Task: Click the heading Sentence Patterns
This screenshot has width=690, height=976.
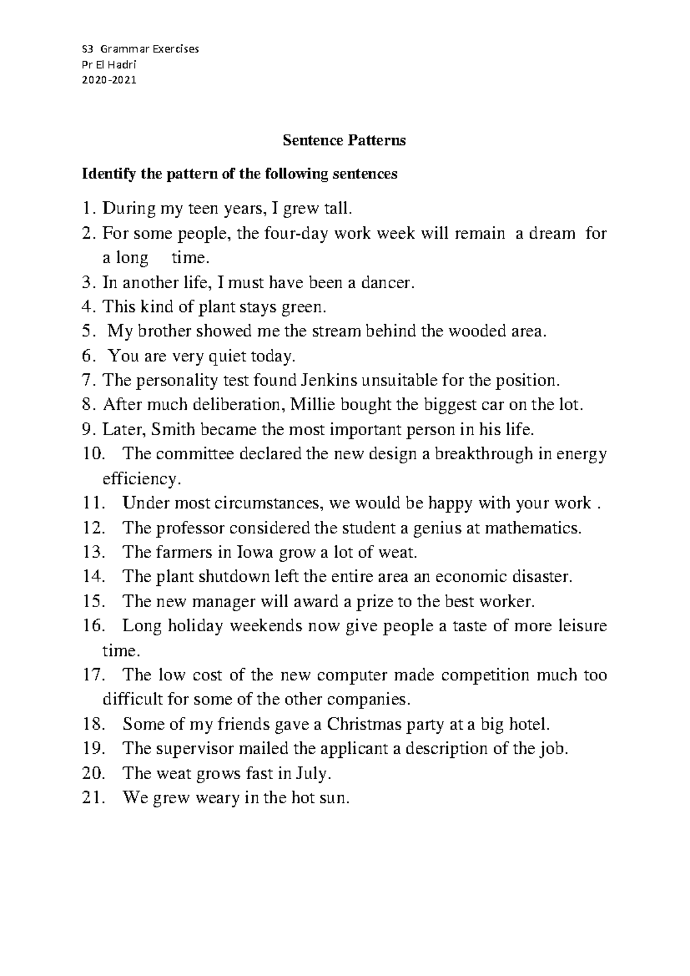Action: pyautogui.click(x=344, y=140)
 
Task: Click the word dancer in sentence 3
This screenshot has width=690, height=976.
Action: pyautogui.click(x=386, y=283)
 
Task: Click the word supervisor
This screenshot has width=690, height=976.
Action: pyautogui.click(x=196, y=749)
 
